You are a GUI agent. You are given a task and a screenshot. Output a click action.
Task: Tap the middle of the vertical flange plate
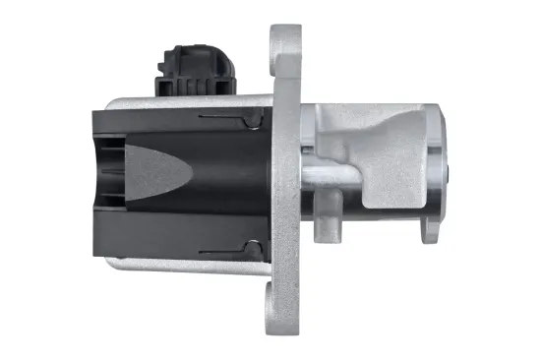(x=285, y=177)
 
